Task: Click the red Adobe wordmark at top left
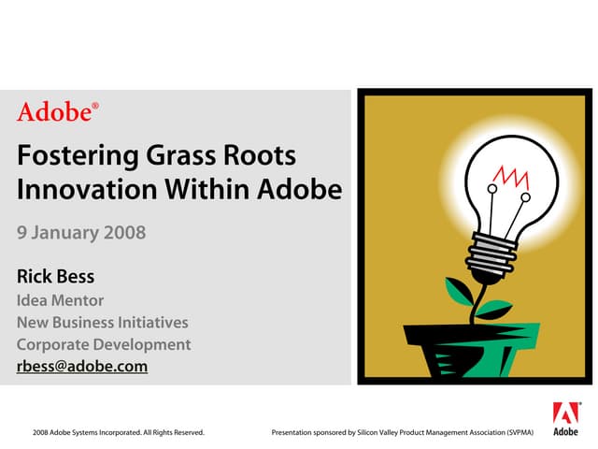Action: click(56, 113)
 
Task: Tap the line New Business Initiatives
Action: click(103, 323)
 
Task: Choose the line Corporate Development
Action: click(104, 344)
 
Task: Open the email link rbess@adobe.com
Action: click(82, 367)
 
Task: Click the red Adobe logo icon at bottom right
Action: click(565, 413)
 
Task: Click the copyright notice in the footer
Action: click(118, 433)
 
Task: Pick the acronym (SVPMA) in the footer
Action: click(517, 433)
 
